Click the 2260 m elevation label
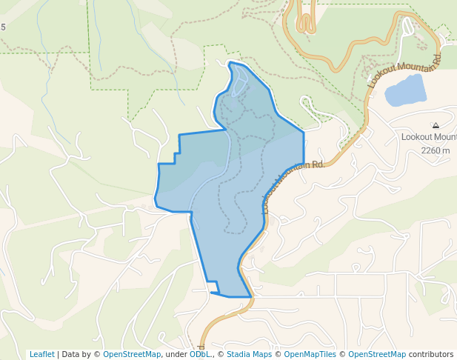coord(435,150)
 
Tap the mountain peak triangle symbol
coord(436,126)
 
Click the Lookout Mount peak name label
coord(429,137)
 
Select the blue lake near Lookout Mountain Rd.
coord(405,90)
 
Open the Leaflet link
coord(42,354)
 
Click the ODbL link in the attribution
coord(199,354)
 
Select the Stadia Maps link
coord(249,354)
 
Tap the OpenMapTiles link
coord(310,354)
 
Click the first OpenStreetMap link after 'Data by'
coord(132,354)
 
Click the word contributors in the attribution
coord(431,354)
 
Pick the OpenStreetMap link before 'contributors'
coord(377,354)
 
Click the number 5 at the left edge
coord(3,27)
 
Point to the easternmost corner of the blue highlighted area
coord(304,133)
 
